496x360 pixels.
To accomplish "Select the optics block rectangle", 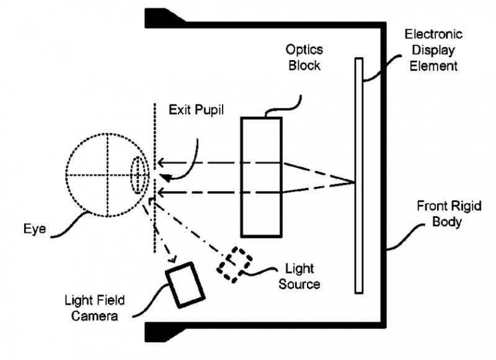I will [x=261, y=177].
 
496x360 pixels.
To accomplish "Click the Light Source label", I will [x=299, y=277].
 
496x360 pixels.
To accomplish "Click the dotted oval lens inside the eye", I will [x=139, y=174].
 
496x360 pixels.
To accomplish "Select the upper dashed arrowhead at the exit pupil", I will [x=160, y=163].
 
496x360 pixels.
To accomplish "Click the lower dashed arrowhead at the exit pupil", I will [x=160, y=193].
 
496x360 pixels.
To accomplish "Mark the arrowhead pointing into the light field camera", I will [x=175, y=260].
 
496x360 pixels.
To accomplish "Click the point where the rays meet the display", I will [x=355, y=182].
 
